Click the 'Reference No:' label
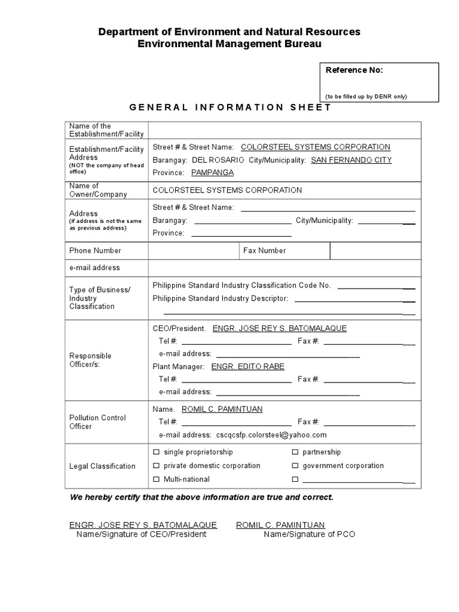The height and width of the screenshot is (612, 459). [354, 70]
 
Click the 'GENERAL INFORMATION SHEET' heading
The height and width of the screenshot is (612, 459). [230, 108]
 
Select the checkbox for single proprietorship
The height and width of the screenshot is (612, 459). [157, 452]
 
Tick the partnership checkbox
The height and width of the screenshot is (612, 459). [295, 452]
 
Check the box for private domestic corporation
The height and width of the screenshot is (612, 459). [157, 466]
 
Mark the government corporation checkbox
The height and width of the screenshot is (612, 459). [295, 466]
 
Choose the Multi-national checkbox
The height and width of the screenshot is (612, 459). [157, 479]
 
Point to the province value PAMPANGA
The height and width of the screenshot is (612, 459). [212, 173]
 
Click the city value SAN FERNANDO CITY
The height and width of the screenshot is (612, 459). [351, 160]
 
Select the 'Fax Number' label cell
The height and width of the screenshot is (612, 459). [264, 250]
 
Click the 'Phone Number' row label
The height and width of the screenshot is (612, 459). [95, 250]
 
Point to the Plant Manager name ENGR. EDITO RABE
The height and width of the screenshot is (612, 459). [248, 366]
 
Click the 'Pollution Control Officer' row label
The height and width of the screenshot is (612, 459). [97, 422]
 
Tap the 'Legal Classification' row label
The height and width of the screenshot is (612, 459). [102, 466]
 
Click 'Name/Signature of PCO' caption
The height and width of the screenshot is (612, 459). [309, 534]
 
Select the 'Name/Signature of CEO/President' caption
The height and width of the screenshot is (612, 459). [141, 534]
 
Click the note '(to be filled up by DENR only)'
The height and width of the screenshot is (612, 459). [366, 96]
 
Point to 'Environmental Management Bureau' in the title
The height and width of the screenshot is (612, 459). [229, 44]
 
